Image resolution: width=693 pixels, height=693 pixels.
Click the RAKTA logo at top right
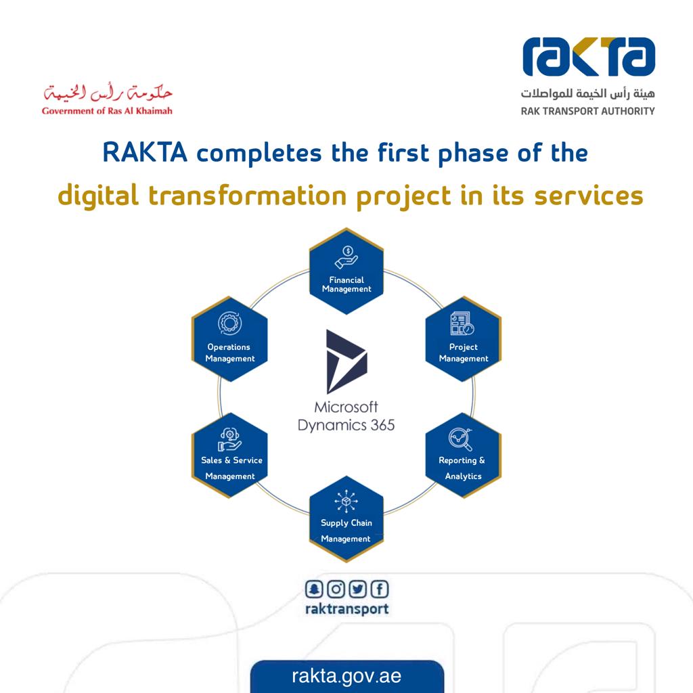click(x=588, y=57)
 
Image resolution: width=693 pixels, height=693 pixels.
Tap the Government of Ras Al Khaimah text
click(x=107, y=111)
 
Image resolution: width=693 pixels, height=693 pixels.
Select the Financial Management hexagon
click(x=346, y=271)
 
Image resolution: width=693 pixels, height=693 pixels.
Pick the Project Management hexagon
click(x=463, y=339)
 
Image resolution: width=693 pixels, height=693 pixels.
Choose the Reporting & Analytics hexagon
click(x=463, y=455)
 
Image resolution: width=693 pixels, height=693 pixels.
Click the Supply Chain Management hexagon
click(x=346, y=519)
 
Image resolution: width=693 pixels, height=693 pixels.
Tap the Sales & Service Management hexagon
click(x=229, y=455)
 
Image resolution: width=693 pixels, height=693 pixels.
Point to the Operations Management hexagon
click(x=229, y=339)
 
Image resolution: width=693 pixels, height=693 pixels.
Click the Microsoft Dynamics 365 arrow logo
click(x=346, y=361)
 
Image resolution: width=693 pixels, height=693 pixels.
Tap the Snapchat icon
click(x=314, y=589)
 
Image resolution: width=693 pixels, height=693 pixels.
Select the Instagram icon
click(x=336, y=589)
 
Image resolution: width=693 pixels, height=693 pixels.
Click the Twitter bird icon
click(x=357, y=589)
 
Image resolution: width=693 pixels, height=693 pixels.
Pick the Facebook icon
click(x=380, y=589)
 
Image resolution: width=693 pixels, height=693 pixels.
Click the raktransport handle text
click(x=347, y=609)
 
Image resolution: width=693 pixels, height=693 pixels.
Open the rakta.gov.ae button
click(x=347, y=676)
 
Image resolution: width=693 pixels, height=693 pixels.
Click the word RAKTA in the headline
click(x=145, y=152)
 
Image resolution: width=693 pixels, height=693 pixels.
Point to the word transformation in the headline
click(x=247, y=196)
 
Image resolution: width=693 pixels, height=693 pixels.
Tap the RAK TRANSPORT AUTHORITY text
click(x=588, y=111)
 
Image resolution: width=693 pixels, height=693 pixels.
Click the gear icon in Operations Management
click(x=230, y=323)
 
